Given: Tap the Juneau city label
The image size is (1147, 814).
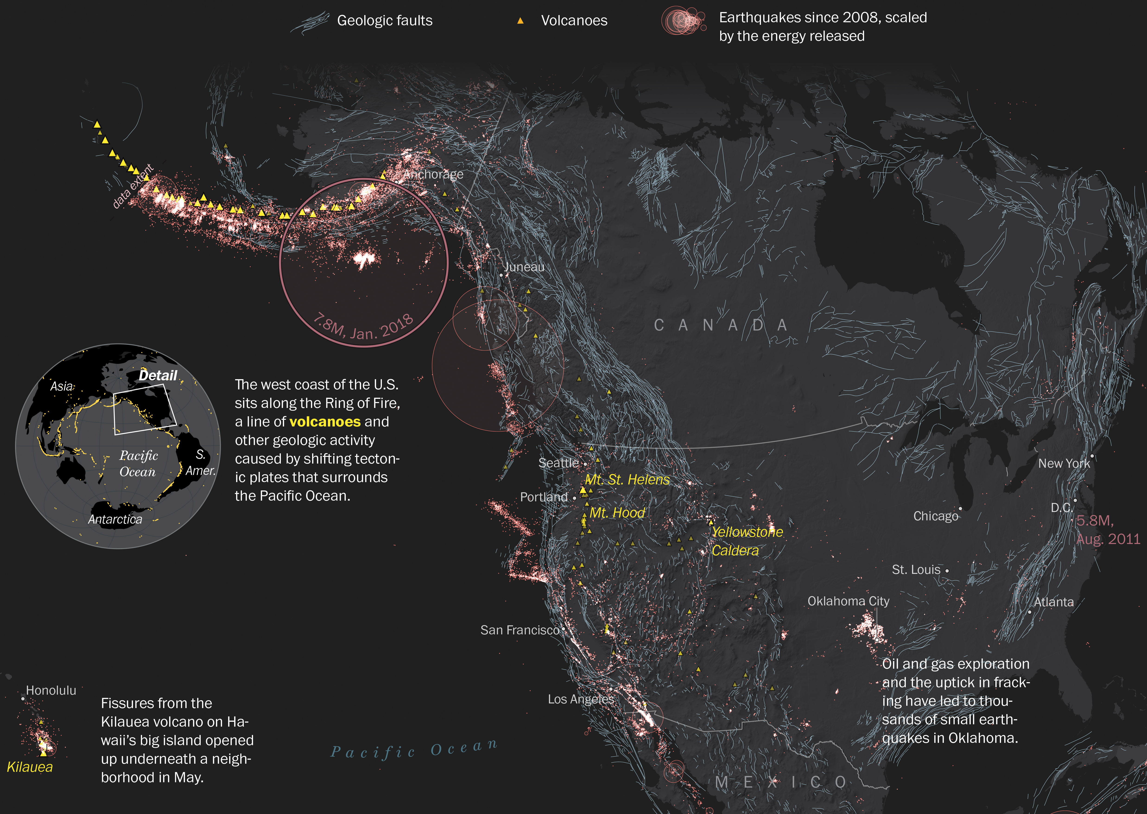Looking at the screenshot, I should pos(524,267).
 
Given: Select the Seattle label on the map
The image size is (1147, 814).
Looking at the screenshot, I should pos(558,463).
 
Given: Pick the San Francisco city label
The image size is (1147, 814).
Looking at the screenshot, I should pos(520,630).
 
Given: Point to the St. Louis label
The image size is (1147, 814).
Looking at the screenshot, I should pos(916,570).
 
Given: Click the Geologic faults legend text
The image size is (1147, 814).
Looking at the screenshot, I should pos(384,21).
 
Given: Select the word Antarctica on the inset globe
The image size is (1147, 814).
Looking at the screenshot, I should pos(115,519).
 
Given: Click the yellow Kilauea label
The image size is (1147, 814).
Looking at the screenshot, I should pos(30,767).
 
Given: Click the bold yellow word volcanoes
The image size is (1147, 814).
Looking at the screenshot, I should pos(325,422).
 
